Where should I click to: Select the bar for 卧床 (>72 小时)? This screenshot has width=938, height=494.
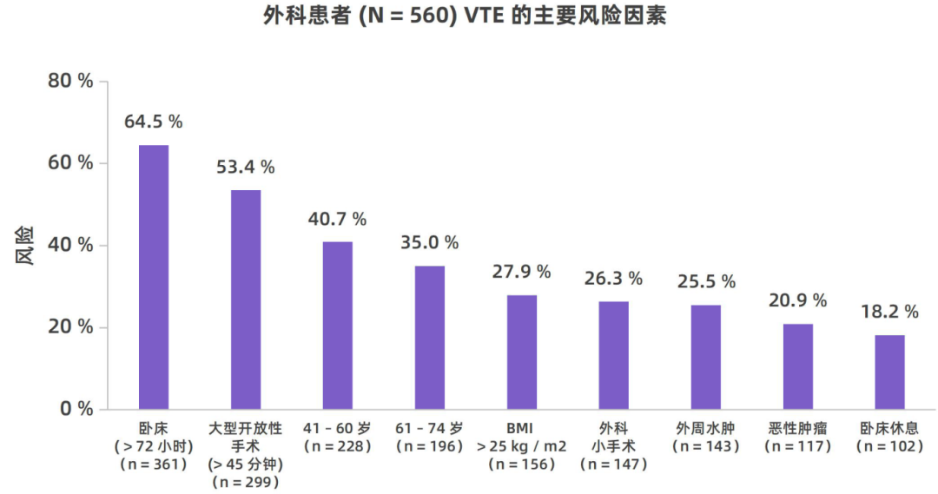click(x=154, y=277)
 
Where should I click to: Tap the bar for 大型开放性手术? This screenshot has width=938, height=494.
click(x=246, y=300)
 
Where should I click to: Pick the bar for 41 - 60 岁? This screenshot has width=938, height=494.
click(x=338, y=326)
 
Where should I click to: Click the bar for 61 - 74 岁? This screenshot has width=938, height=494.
click(x=429, y=338)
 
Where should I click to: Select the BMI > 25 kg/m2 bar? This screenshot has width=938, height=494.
click(x=522, y=352)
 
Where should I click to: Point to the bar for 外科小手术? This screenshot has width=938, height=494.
click(x=613, y=355)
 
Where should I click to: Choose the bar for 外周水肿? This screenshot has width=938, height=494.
click(x=705, y=357)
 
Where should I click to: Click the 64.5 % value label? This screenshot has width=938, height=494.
click(x=154, y=122)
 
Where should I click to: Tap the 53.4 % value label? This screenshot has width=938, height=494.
click(x=246, y=167)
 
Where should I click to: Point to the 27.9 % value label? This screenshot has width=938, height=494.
click(x=522, y=272)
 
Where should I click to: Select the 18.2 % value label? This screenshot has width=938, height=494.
click(x=889, y=312)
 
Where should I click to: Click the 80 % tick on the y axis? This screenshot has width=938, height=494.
click(x=70, y=82)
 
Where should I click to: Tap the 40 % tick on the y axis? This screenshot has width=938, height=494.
click(x=70, y=245)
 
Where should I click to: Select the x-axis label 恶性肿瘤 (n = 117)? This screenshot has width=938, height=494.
click(x=797, y=437)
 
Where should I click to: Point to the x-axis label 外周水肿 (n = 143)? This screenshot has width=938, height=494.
click(x=705, y=437)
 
